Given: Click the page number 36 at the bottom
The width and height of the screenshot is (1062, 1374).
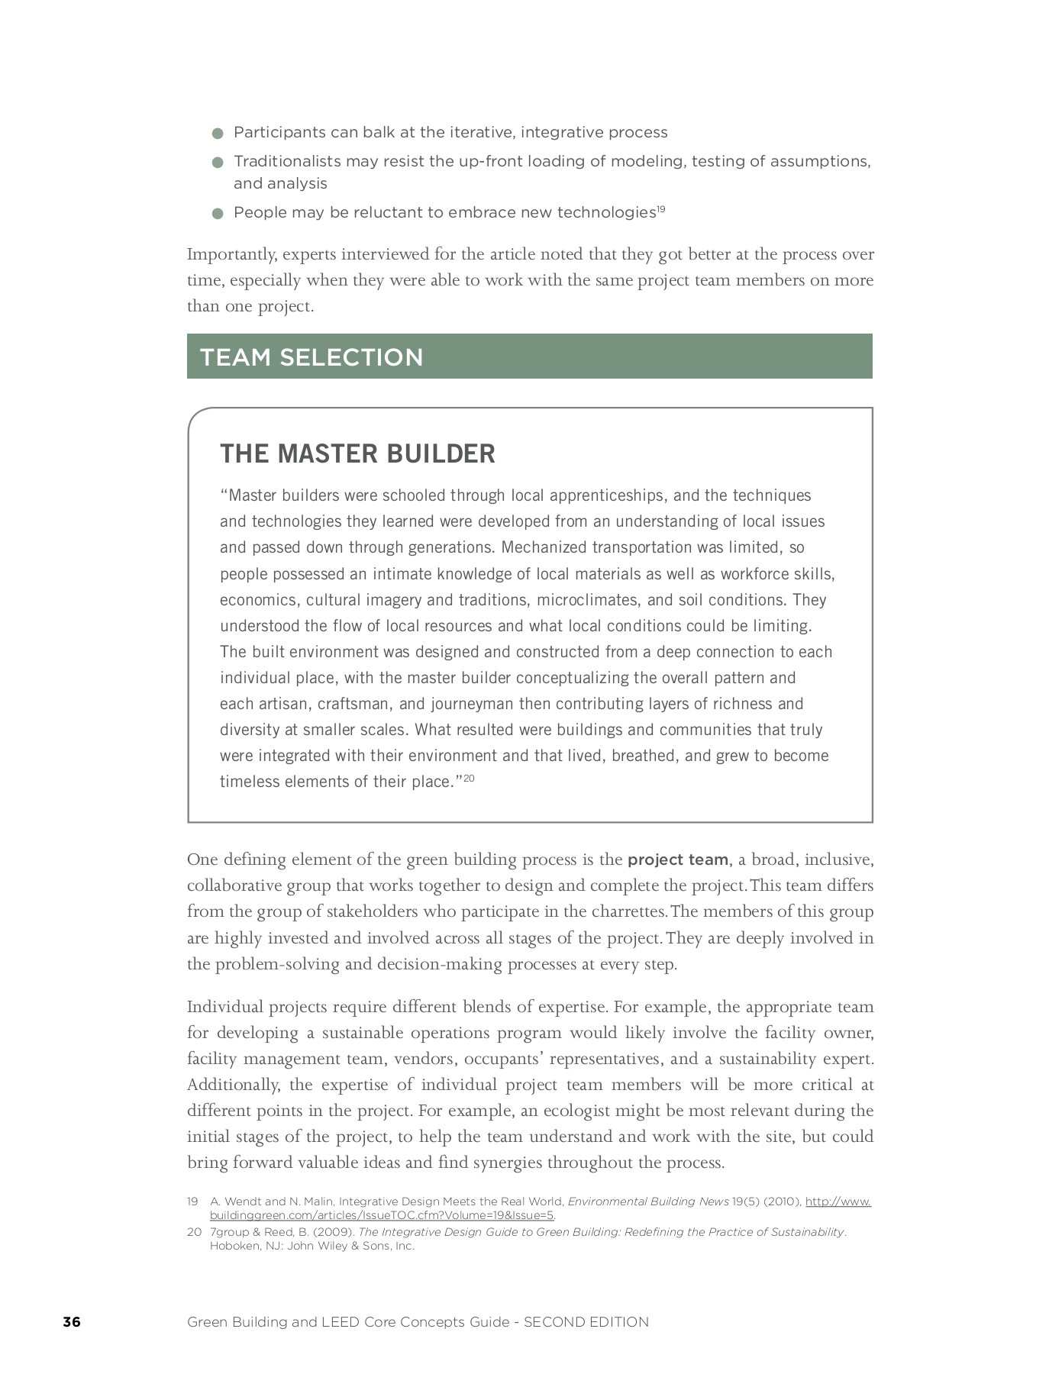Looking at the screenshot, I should tap(72, 1322).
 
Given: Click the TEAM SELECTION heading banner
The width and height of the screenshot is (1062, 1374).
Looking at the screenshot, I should tap(529, 356).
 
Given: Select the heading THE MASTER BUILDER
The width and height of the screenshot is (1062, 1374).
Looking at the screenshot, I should tap(357, 453).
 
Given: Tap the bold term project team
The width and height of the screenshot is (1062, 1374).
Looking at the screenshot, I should tap(677, 860).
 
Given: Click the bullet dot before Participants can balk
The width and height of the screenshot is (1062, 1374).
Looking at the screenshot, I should tap(218, 134).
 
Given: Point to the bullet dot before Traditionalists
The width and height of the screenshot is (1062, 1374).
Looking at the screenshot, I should tap(218, 163).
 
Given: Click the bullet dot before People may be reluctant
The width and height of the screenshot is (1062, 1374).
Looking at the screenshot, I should tap(218, 214).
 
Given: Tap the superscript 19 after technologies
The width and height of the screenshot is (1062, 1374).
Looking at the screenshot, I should tap(661, 209).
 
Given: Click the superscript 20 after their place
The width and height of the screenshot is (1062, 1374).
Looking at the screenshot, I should tap(469, 778).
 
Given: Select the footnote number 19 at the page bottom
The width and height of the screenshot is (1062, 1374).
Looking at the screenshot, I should tap(192, 1201).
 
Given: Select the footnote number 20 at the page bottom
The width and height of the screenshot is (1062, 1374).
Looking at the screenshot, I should tap(193, 1232).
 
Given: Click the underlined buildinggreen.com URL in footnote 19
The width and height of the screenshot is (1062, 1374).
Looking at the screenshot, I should tap(382, 1215).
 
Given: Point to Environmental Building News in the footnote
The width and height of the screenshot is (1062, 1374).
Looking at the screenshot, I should tap(647, 1201).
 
